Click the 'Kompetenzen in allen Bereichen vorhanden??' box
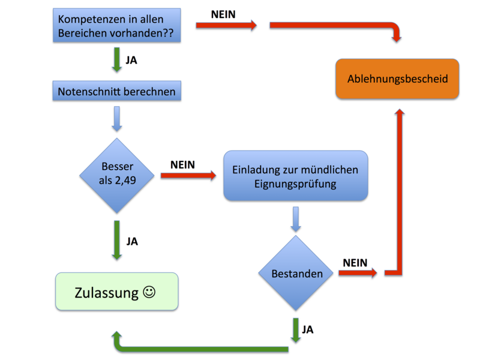[116, 26]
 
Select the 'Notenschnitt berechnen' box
[116, 92]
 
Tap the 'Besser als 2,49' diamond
[116, 175]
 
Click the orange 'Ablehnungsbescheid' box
[397, 79]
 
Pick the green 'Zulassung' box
[116, 292]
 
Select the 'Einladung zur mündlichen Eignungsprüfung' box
[295, 176]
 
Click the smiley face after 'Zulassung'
[149, 292]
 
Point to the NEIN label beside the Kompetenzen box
[223, 13]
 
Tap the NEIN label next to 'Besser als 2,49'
[182, 164]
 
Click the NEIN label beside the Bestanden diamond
[355, 263]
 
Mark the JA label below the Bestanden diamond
[308, 329]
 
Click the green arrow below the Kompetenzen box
[116, 61]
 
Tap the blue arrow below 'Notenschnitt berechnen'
[116, 118]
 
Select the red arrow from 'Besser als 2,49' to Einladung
[188, 176]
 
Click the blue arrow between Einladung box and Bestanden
[295, 219]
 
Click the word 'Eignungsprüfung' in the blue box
[295, 184]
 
